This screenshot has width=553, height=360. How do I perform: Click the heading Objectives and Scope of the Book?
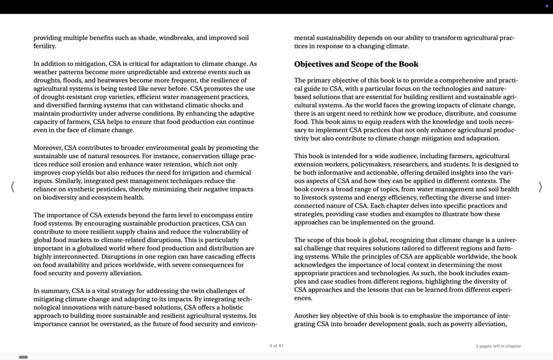click(356, 64)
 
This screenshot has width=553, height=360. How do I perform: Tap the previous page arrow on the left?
click(13, 187)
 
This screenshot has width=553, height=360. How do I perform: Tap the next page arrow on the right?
click(540, 187)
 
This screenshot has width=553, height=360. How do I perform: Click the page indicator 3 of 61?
click(276, 346)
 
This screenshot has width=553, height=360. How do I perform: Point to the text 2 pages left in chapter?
click(498, 346)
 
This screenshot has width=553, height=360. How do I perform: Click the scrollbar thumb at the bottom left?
click(23, 357)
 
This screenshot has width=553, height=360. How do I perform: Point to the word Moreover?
click(47, 148)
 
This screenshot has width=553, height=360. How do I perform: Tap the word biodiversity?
click(55, 198)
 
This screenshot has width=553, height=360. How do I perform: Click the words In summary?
click(51, 291)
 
